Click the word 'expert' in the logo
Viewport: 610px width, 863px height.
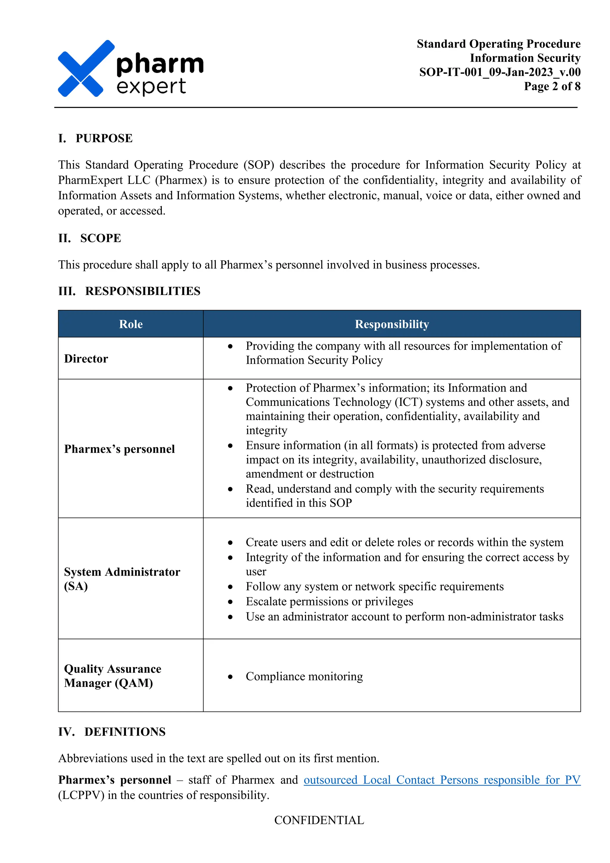pyautogui.click(x=151, y=86)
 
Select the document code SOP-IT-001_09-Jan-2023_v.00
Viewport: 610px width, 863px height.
pyautogui.click(x=499, y=72)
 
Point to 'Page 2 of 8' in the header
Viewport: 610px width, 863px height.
pyautogui.click(x=552, y=86)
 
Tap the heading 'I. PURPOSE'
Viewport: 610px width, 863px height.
pyautogui.click(x=95, y=138)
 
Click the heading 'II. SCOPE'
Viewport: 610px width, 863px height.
pyautogui.click(x=90, y=238)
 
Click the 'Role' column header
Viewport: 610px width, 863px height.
pyautogui.click(x=131, y=324)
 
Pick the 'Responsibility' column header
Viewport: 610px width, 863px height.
pyautogui.click(x=392, y=324)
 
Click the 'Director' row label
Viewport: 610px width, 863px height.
pyautogui.click(x=86, y=358)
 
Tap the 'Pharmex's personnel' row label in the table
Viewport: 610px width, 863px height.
pyautogui.click(x=119, y=449)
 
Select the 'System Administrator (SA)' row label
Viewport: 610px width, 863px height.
pyautogui.click(x=122, y=579)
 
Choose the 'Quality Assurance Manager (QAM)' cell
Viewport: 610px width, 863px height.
pyautogui.click(x=112, y=676)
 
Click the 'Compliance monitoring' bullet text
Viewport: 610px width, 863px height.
pyautogui.click(x=304, y=676)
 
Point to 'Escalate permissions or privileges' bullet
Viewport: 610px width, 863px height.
pyautogui.click(x=329, y=601)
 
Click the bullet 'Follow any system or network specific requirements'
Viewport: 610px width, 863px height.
pyautogui.click(x=374, y=586)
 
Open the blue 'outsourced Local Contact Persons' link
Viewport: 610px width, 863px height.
pyautogui.click(x=441, y=780)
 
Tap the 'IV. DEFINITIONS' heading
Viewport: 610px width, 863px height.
pyautogui.click(x=112, y=732)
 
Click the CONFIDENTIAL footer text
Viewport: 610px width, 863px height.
pyautogui.click(x=319, y=820)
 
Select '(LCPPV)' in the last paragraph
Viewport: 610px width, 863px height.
pyautogui.click(x=81, y=795)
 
